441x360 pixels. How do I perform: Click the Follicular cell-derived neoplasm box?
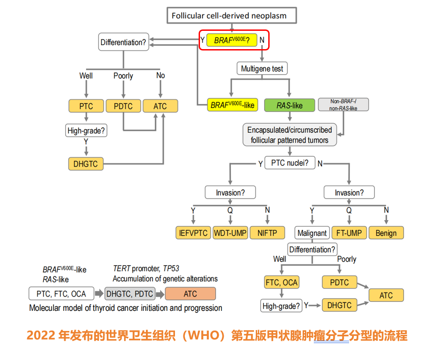point(229,16)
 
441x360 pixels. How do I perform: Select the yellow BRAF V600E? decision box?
point(232,40)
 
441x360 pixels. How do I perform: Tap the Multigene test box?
point(262,69)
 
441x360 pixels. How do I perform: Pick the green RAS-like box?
point(289,105)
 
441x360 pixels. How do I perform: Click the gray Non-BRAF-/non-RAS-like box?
point(343,105)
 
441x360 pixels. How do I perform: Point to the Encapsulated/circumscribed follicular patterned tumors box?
point(289,135)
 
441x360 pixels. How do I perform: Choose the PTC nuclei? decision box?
point(289,163)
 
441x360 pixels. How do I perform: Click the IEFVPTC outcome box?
point(193,233)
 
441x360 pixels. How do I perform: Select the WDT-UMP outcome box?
point(230,233)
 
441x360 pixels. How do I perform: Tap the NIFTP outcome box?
point(267,233)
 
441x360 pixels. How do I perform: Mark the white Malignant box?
point(312,233)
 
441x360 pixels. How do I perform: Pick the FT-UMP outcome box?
point(349,233)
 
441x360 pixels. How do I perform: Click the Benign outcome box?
point(386,233)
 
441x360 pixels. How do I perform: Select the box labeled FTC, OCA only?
point(281,283)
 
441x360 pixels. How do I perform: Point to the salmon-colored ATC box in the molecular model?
point(190,294)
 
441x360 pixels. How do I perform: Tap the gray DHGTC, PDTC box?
point(129,294)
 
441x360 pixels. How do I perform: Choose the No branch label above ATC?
point(160,75)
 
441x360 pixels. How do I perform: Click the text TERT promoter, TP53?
point(146,268)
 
